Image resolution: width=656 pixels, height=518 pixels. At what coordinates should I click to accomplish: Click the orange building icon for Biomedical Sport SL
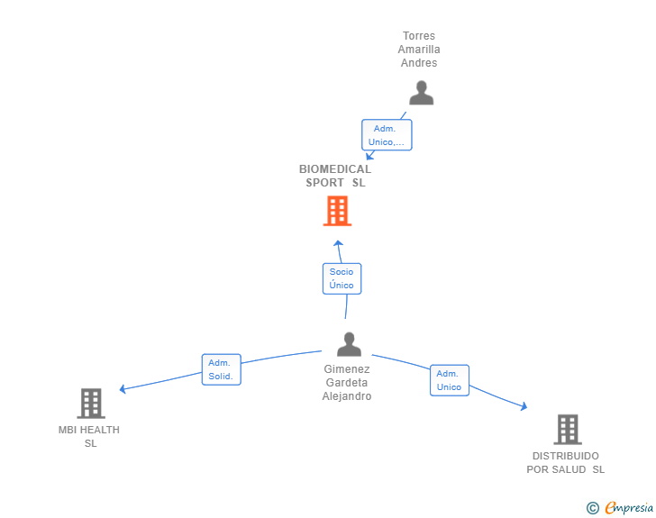click(x=337, y=212)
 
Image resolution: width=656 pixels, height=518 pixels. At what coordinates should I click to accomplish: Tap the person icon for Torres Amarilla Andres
click(x=422, y=93)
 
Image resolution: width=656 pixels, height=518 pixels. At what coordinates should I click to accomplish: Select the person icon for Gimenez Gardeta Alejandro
click(x=349, y=344)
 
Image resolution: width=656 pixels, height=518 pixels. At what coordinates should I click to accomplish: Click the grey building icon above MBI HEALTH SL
click(x=91, y=404)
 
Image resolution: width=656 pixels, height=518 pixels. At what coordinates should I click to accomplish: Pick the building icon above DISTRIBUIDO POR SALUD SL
click(x=568, y=430)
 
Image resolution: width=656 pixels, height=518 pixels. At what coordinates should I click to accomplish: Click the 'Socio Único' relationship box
click(x=342, y=278)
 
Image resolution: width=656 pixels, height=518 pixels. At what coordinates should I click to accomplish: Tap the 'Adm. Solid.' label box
click(x=222, y=369)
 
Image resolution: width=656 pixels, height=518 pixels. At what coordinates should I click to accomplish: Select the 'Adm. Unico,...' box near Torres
click(x=387, y=135)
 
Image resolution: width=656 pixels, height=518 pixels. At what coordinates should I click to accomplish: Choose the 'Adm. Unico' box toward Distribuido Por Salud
click(x=450, y=380)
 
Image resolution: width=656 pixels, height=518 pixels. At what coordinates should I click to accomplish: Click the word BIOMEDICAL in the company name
click(x=335, y=169)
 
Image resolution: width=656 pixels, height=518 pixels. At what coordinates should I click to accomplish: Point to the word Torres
click(x=419, y=36)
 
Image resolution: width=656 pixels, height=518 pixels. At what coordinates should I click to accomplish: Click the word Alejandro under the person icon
click(x=347, y=396)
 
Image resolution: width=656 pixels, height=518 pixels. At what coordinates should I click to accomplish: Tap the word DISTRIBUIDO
click(x=566, y=456)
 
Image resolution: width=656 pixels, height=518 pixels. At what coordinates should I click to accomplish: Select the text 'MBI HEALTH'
click(x=89, y=430)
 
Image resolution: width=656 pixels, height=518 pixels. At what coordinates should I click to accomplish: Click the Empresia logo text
click(x=629, y=508)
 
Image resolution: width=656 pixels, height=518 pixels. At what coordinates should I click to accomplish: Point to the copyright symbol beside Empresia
click(x=593, y=508)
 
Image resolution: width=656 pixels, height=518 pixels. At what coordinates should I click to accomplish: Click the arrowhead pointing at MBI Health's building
click(x=123, y=389)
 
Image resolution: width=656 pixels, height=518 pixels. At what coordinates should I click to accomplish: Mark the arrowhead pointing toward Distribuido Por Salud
click(x=524, y=406)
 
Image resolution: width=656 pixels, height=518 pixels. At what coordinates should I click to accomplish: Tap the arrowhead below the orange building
click(x=338, y=243)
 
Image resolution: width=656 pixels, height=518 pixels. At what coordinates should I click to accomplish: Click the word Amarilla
click(x=419, y=50)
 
